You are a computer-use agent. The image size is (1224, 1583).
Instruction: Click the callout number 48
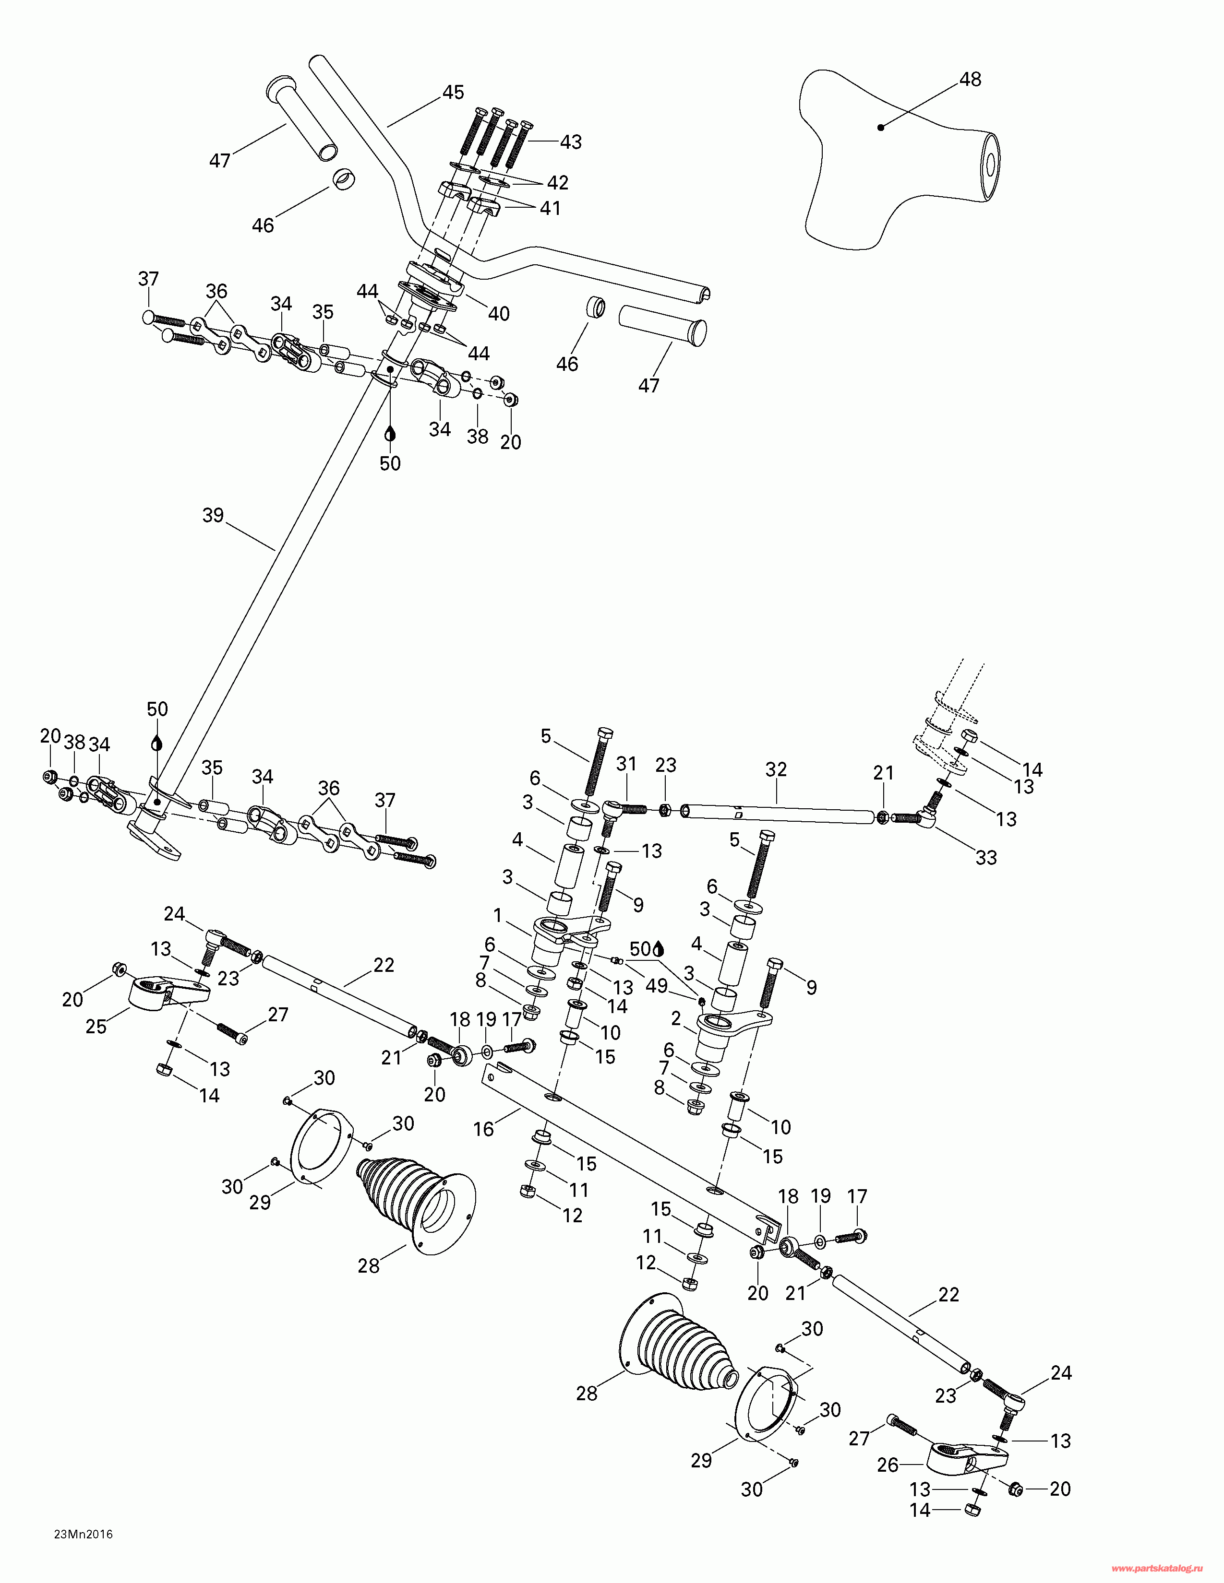970,79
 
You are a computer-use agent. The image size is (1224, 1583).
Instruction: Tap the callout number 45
453,92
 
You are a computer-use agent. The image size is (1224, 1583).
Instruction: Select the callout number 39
213,515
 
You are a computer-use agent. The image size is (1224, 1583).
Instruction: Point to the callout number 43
571,142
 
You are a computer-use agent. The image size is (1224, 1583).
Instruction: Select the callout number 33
986,858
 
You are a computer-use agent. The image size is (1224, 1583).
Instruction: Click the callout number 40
499,314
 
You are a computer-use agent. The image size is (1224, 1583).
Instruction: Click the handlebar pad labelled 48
899,159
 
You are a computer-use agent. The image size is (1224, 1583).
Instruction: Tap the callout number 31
626,764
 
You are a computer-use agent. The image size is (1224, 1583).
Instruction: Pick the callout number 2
676,1019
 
